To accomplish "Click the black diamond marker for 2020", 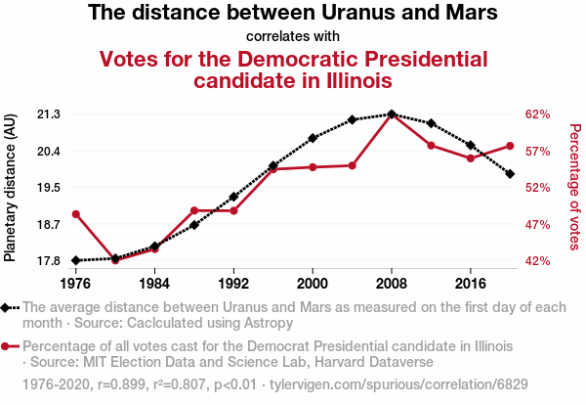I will (x=510, y=173).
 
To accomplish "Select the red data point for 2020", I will (x=510, y=146).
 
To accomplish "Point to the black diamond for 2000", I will (x=313, y=138).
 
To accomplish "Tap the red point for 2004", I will (x=352, y=165).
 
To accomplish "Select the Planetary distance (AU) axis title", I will (x=11, y=187).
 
